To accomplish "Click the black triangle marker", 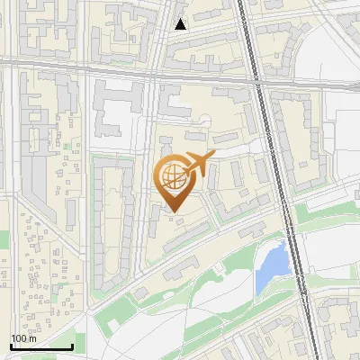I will coord(180,24).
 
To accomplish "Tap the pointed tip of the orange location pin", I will coord(174,211).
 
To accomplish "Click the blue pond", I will coord(272,266).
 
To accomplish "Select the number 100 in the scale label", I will coord(19,338).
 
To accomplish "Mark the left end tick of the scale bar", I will coord(11,346).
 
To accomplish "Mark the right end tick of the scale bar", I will coord(72,346).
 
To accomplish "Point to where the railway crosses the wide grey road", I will coord(257,73).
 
